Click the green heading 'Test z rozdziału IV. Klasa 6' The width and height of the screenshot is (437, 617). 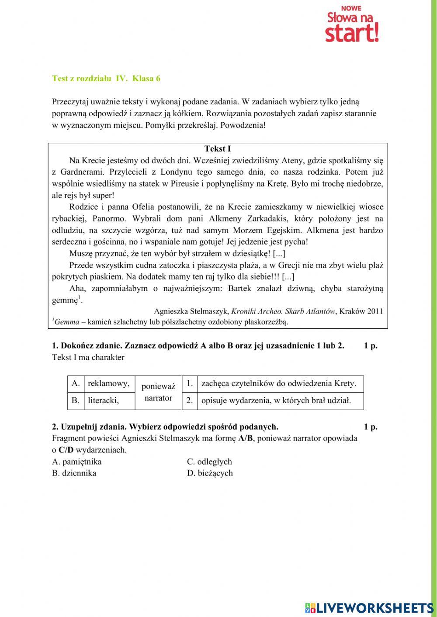(106, 79)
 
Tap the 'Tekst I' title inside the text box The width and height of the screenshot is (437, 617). (218, 149)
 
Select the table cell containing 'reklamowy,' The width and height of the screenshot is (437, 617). (109, 383)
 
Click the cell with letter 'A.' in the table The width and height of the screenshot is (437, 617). (76, 383)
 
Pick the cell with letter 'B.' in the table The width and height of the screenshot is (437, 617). (76, 400)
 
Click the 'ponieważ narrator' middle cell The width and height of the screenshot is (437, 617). (158, 392)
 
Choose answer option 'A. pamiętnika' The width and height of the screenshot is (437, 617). (77, 462)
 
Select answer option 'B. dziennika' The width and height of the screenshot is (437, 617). (74, 473)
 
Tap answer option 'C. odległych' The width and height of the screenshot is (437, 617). (209, 462)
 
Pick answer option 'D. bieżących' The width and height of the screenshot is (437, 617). (210, 473)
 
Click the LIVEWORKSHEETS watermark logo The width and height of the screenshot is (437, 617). (369, 608)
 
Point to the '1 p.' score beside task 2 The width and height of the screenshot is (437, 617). (371, 427)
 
